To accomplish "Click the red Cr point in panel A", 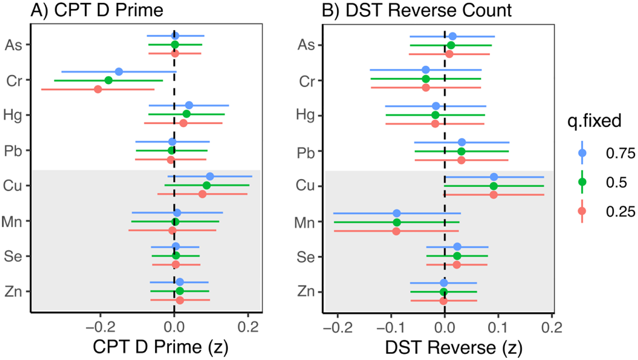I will tap(98, 89).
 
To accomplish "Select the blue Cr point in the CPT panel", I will tap(119, 72).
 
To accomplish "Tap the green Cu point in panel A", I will tap(207, 185).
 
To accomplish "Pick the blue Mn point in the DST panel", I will tap(397, 214).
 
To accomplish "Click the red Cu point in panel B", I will tap(493, 195).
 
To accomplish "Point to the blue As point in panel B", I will tap(452, 36).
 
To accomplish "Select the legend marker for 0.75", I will tap(582, 153).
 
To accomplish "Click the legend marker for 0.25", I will tap(582, 211).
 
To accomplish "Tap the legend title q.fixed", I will tap(594, 121).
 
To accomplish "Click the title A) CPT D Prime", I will tap(97, 10).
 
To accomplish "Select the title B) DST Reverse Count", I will tap(416, 10).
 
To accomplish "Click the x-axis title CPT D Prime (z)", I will tap(160, 347).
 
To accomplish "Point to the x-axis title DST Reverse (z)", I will tap(453, 348).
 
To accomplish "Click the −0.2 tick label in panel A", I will tap(100, 327).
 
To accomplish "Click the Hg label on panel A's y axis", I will tap(12, 115).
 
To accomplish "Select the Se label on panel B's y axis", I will tap(306, 257).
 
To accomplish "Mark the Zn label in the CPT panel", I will tap(13, 292).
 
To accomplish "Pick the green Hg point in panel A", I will tap(186, 114).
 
